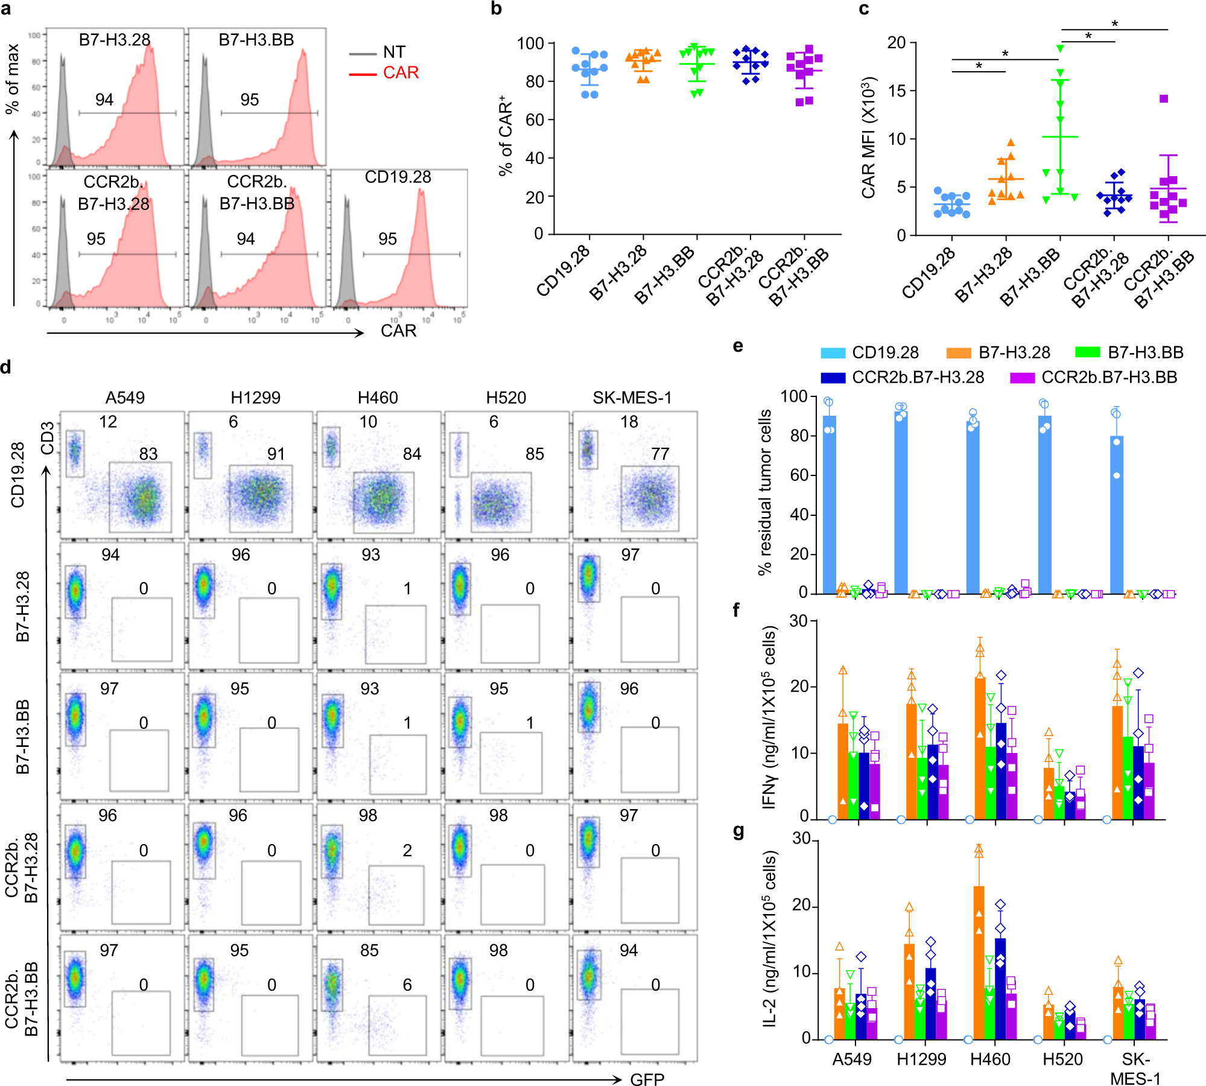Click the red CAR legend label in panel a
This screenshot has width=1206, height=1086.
401,73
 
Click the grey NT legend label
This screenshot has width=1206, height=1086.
394,52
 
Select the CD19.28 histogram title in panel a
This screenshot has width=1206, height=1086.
398,177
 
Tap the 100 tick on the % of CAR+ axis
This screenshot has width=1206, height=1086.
530,43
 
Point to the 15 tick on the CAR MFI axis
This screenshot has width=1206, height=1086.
897,91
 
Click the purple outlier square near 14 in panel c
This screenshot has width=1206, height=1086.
1164,99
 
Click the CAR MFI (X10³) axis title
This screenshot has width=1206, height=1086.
868,138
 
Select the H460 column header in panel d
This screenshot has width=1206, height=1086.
378,398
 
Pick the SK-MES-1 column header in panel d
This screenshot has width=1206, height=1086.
632,398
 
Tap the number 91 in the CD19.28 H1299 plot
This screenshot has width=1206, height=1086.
276,454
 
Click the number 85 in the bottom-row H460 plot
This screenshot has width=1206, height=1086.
369,951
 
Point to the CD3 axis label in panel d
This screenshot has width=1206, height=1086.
47,439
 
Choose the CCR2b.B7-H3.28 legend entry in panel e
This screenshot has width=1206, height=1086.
918,378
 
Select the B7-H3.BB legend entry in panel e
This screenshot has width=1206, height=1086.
1145,352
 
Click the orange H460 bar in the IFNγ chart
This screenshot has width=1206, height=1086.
980,748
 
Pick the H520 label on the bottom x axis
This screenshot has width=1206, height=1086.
1062,1059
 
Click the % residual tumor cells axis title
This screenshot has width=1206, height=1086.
765,492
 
